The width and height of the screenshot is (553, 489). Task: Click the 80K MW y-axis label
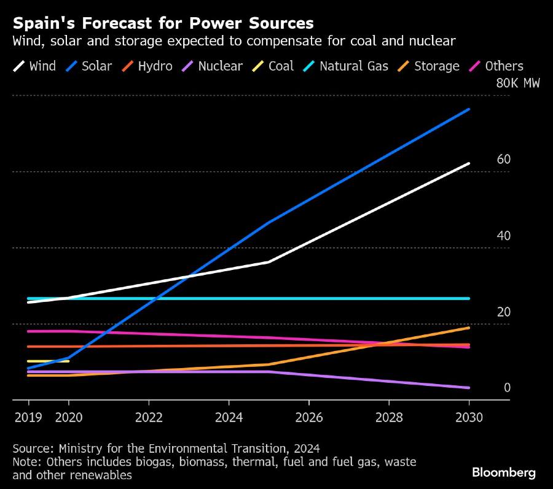[517, 83]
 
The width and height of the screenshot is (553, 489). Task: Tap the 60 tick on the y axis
[504, 160]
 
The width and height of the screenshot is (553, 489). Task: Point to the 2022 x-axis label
[149, 418]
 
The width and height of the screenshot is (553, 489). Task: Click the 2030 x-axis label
[469, 418]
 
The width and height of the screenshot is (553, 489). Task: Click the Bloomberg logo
[504, 472]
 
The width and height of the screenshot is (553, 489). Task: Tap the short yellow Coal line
[49, 361]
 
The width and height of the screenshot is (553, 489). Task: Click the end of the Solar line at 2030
[469, 109]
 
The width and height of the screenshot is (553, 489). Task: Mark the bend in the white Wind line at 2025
[269, 262]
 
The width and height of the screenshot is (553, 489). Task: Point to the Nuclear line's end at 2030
[469, 388]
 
